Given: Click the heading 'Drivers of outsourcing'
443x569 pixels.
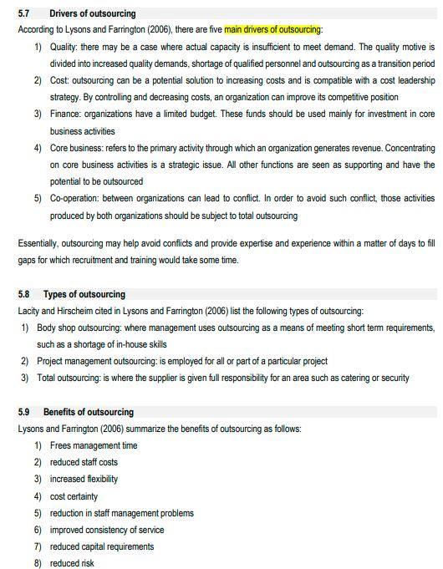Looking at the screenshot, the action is coord(92,14).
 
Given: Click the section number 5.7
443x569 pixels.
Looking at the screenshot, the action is coord(24,14).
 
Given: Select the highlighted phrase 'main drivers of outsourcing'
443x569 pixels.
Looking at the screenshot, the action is coord(272,29).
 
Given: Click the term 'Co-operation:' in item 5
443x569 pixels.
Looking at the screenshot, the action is coord(79,199).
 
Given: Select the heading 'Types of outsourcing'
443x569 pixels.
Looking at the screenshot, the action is coord(84,294).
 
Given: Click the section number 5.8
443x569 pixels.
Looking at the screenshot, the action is coord(24,294).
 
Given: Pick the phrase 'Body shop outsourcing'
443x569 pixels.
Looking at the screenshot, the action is coord(84,328).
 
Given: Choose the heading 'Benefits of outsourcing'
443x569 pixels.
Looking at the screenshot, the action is coord(89,412).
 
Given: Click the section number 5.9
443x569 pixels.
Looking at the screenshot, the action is coord(24,412).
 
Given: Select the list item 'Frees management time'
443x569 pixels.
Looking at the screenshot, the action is coord(94,445).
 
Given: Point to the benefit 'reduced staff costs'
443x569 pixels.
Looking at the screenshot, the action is coord(84,462).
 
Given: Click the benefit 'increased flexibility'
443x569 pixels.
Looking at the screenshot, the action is coord(84,479).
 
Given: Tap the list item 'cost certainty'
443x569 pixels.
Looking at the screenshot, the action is coord(74,496).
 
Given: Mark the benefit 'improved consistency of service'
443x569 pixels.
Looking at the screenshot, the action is coord(107,530).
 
